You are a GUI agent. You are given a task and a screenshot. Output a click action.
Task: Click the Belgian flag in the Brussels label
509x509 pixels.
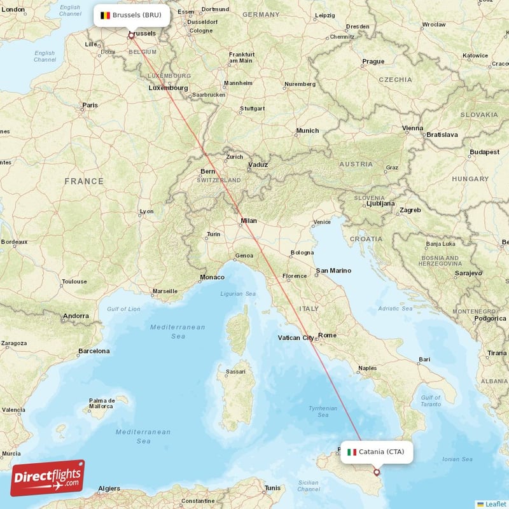pos(106,15)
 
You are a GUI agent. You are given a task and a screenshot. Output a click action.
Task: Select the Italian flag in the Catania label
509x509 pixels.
pos(352,452)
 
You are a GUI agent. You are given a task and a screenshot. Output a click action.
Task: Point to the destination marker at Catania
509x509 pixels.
pos(377,472)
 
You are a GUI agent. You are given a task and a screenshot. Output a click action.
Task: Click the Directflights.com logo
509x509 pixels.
pos(48,478)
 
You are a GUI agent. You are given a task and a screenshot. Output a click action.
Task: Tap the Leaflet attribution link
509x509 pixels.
pos(495,504)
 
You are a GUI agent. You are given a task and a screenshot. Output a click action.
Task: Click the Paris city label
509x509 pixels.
pos(90,106)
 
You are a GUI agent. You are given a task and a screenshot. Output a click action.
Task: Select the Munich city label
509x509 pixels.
pos(307,131)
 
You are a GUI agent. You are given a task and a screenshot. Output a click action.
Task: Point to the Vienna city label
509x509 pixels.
pos(412,129)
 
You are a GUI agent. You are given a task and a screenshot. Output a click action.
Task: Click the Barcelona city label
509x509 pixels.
pos(94,351)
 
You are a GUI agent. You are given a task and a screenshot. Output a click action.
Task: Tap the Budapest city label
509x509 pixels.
pos(484,152)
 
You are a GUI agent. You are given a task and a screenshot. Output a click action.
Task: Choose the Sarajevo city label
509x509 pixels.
pos(468,273)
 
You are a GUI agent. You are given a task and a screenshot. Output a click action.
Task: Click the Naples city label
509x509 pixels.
pos(367,368)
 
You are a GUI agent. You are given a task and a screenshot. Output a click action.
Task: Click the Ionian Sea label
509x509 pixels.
pos(457,459)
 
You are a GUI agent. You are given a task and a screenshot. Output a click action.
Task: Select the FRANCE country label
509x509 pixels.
pos(83,181)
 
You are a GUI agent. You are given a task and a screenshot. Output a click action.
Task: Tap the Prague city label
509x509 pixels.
pos(373,62)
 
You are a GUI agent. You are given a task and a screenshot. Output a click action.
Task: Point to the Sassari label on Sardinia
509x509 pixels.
pos(236,371)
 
